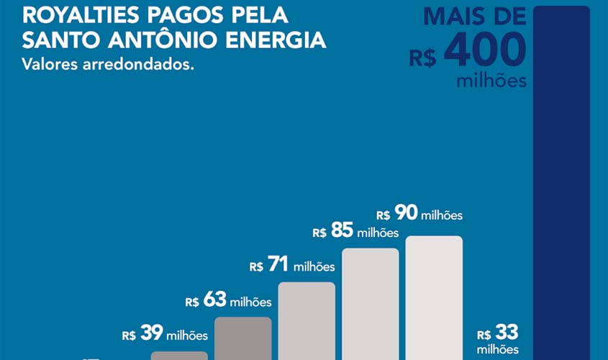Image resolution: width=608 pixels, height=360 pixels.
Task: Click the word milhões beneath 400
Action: (491, 81)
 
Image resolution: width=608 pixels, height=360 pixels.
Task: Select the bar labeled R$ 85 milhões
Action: (370, 304)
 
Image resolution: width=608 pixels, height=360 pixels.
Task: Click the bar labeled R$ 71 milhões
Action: (307, 320)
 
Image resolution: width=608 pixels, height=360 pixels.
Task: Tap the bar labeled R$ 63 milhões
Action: (243, 338)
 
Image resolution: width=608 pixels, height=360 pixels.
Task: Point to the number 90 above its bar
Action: (406, 214)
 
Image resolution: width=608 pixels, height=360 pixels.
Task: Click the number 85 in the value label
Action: (342, 232)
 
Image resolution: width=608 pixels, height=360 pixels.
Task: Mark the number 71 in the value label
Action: (278, 266)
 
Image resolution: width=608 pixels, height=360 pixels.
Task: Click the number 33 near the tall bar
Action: (507, 333)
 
